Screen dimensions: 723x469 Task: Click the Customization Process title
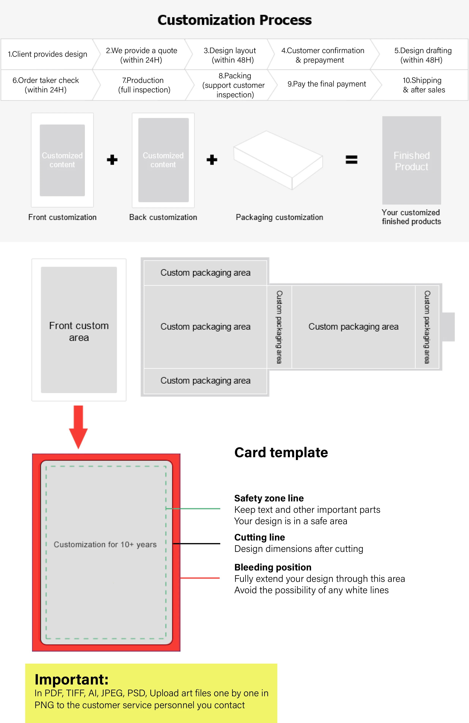pyautogui.click(x=234, y=20)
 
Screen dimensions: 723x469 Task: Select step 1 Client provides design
pyautogui.click(x=47, y=54)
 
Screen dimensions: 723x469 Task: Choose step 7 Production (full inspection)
pyautogui.click(x=144, y=85)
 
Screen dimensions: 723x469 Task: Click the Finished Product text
pyautogui.click(x=411, y=161)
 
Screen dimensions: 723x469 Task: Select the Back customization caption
pyautogui.click(x=163, y=217)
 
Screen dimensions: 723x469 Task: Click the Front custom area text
pyautogui.click(x=79, y=331)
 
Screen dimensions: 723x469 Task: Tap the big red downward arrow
pyautogui.click(x=78, y=427)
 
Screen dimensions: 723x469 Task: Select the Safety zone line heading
pyautogui.click(x=269, y=498)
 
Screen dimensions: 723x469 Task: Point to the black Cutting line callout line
pyautogui.click(x=196, y=544)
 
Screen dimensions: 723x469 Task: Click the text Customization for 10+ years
pyautogui.click(x=105, y=544)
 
